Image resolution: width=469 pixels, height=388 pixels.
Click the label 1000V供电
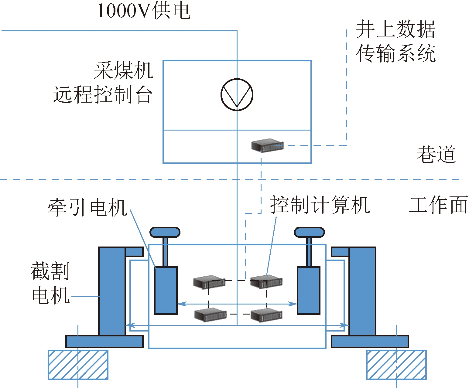pos(144,11)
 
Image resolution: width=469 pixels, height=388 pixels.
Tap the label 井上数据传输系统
pos(395,41)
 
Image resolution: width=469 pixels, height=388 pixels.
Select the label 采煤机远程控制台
pos(103,83)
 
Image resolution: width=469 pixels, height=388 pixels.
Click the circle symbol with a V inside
pos(237,94)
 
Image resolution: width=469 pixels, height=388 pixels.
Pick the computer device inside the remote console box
pos(267,145)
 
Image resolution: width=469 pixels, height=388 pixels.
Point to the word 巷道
pos(436,154)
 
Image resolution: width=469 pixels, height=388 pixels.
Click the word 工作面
pos(438,205)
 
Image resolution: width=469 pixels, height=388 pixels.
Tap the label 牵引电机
pos(87,208)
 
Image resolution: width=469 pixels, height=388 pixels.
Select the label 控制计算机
pos(320,205)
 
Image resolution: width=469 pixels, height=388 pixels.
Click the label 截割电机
pos(50,283)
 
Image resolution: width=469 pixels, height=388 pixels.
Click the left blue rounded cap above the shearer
pos(165,232)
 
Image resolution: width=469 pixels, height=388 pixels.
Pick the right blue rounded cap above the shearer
pos(309,232)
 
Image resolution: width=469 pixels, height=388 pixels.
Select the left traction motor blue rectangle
pos(166,290)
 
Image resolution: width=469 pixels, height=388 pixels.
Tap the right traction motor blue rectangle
pos(308,290)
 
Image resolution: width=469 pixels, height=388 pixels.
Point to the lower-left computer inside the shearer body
pos(210,315)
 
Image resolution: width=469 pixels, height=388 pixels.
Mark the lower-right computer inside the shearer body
pos(266,315)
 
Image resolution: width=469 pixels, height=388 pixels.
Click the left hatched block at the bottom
pos(78,365)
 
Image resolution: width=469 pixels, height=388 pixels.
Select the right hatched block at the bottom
pos(396,365)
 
